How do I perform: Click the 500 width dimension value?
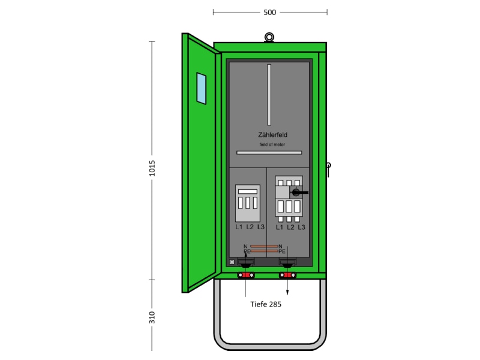[x=269, y=12]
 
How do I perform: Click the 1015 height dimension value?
[x=152, y=168]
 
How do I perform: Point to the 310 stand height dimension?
[x=152, y=317]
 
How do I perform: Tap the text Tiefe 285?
[x=266, y=304]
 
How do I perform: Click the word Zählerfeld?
[x=272, y=134]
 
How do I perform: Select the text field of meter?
[x=272, y=145]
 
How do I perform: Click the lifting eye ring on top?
[x=269, y=37]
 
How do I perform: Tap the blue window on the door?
[x=201, y=88]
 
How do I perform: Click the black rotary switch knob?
[x=296, y=192]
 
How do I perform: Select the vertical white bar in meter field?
[x=269, y=95]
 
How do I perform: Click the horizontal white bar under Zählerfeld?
[x=269, y=152]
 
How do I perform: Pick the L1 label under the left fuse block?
[x=239, y=227]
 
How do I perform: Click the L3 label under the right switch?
[x=302, y=227]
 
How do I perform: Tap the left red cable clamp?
[x=246, y=275]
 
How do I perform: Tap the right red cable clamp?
[x=287, y=275]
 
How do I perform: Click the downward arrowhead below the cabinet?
[x=287, y=293]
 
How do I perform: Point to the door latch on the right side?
[x=328, y=169]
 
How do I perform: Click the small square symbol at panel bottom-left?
[x=232, y=262]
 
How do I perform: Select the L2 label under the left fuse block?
[x=250, y=227]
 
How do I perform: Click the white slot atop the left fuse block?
[x=248, y=191]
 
